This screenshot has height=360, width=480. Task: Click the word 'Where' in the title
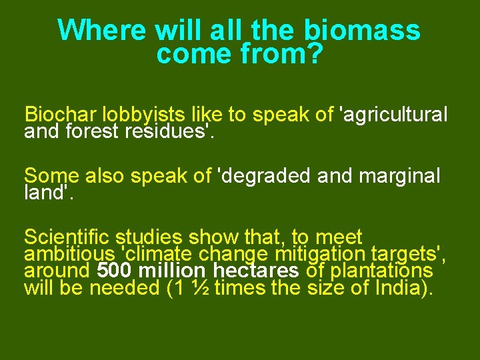[102, 30]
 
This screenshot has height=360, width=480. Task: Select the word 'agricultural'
[394, 115]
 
